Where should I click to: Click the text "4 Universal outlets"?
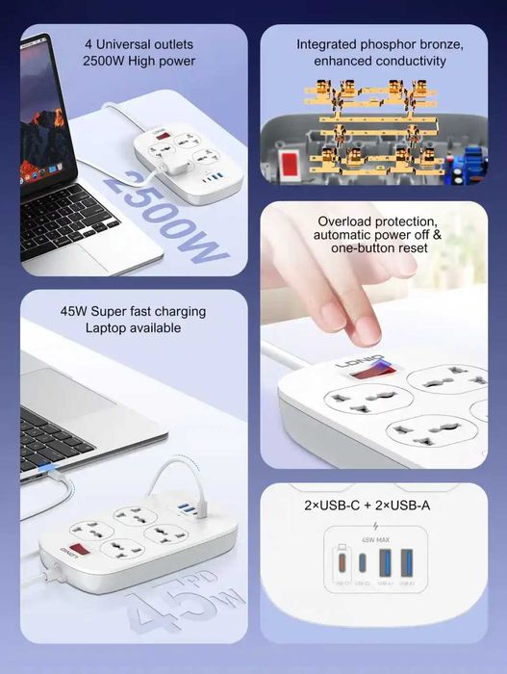[139, 44]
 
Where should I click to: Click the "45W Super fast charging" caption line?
[133, 312]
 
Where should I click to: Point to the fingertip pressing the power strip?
[365, 327]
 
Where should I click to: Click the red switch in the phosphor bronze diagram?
[287, 160]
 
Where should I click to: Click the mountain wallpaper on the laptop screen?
[42, 120]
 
